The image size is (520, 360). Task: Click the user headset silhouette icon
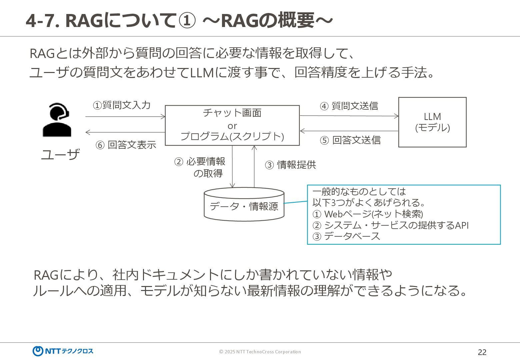[x=57, y=120]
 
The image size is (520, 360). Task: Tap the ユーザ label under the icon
[x=60, y=154]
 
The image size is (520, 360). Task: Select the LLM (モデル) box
[x=432, y=122]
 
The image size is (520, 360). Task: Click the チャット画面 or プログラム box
[x=232, y=125]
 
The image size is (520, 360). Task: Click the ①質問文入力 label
[x=122, y=105]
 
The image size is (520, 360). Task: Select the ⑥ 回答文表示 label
[x=126, y=145]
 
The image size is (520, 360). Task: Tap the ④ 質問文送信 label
[x=349, y=106]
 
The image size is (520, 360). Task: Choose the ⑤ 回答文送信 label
[x=350, y=140]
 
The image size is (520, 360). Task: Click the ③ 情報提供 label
[x=290, y=165]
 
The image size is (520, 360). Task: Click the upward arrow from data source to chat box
[x=254, y=167]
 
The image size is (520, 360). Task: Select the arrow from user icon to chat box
[x=125, y=117]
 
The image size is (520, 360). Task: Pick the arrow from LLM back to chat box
[x=349, y=131]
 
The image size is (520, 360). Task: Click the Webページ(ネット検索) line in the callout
[x=368, y=214]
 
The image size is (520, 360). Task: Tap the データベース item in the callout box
[x=347, y=236]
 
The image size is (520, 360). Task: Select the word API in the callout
[x=462, y=225]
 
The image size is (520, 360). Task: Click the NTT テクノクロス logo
[x=63, y=351]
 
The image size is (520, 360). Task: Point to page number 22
[x=482, y=352]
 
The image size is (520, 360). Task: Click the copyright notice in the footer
[x=260, y=352]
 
